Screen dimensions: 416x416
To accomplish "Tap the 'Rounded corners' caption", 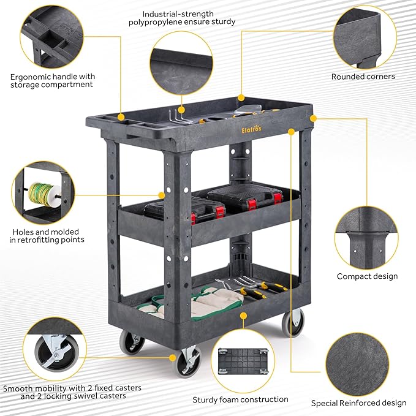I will tap(363, 77).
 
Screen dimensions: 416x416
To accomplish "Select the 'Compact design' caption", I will tap(367, 276).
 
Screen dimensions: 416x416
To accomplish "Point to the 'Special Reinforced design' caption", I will tap(358, 403).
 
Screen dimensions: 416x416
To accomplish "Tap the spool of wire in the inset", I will tap(43, 194).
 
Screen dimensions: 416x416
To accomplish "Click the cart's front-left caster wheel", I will tap(188, 362).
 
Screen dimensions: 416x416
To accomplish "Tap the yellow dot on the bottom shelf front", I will tap(243, 316).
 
